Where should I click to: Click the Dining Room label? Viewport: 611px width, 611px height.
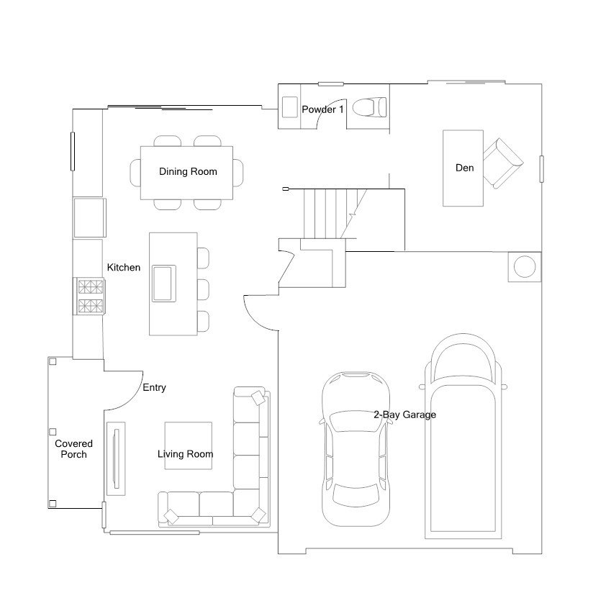pyautogui.click(x=188, y=171)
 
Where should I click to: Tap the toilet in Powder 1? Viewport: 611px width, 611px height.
pyautogui.click(x=369, y=107)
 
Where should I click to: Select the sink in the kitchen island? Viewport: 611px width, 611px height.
pyautogui.click(x=164, y=284)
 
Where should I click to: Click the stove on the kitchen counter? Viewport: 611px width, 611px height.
pyautogui.click(x=91, y=297)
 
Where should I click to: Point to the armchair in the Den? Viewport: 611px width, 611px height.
pyautogui.click(x=502, y=163)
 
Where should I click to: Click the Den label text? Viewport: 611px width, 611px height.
pyautogui.click(x=464, y=168)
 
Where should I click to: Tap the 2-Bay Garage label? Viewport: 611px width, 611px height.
pyautogui.click(x=405, y=415)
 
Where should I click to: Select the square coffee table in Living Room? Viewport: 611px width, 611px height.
pyautogui.click(x=189, y=445)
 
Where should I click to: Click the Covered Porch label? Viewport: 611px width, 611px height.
pyautogui.click(x=73, y=449)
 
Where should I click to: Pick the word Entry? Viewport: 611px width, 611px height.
pyautogui.click(x=154, y=387)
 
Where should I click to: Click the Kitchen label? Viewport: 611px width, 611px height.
pyautogui.click(x=124, y=267)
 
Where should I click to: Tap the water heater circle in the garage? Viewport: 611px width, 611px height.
pyautogui.click(x=525, y=266)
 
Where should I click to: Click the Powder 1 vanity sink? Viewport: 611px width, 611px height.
pyautogui.click(x=289, y=107)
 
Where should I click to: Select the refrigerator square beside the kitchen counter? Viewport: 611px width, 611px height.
pyautogui.click(x=90, y=217)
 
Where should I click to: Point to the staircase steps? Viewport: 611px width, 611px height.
pyautogui.click(x=330, y=214)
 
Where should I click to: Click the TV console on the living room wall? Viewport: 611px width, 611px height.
pyautogui.click(x=116, y=458)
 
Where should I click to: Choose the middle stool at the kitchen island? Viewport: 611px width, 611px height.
pyautogui.click(x=203, y=289)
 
